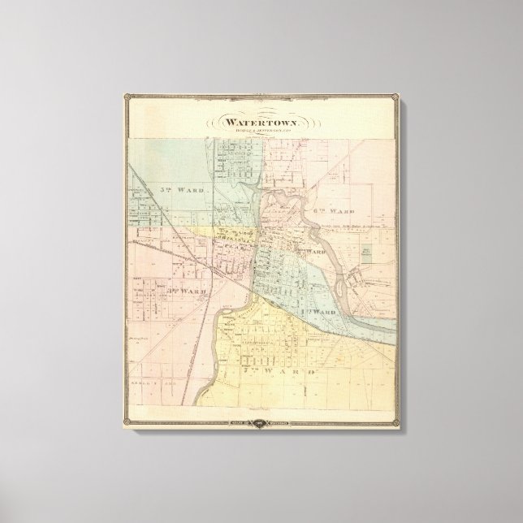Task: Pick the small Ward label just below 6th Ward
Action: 316,252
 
